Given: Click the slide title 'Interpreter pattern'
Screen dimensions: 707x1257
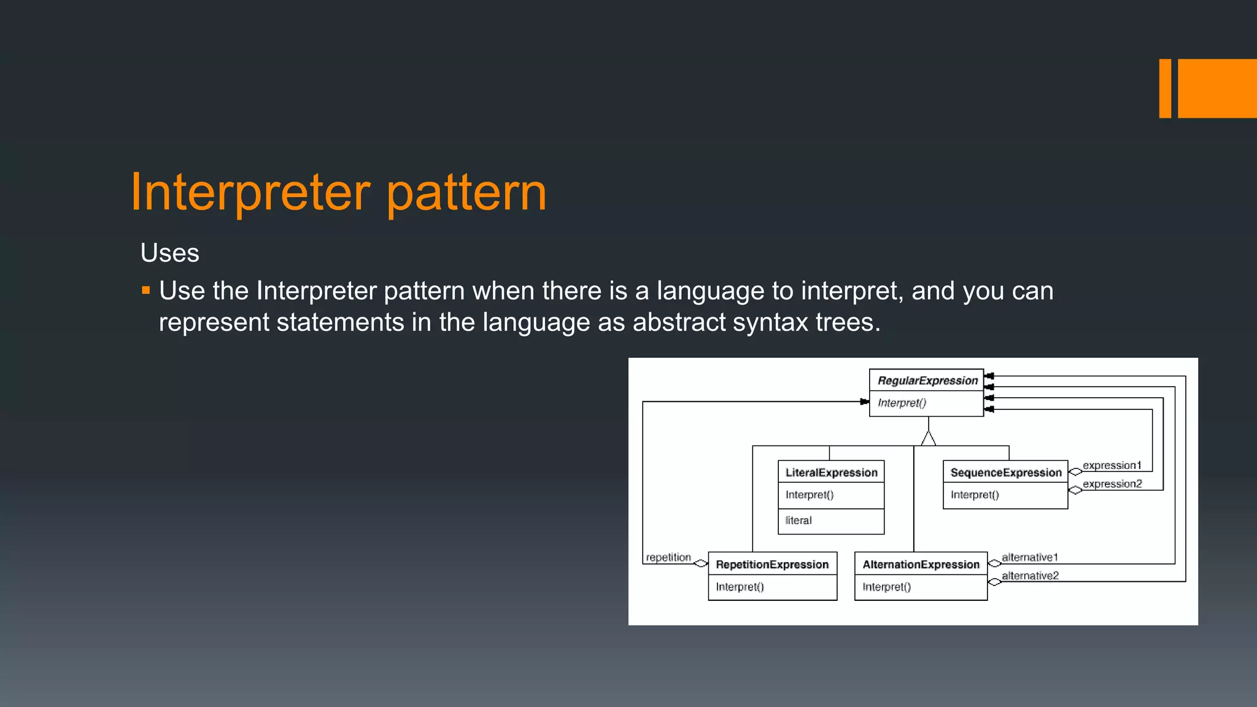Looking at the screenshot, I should [338, 193].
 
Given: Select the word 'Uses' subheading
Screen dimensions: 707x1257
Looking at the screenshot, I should [170, 253].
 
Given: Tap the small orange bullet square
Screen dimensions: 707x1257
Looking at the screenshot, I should [146, 290].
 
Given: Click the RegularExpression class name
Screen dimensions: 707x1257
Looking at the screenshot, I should [927, 381].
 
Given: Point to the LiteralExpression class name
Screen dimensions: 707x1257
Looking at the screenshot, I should [832, 473].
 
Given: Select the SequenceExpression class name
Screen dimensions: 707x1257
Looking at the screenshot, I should [1006, 473].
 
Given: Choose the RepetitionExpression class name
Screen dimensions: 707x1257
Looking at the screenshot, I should [772, 565].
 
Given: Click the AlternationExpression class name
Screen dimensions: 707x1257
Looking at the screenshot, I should [921, 565].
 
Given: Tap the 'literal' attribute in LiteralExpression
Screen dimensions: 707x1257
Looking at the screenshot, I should [799, 520].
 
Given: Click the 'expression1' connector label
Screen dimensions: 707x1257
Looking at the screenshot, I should [1112, 465].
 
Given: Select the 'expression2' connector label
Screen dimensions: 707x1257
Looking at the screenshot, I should [1112, 484].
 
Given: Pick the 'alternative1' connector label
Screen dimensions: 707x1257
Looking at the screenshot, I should [1030, 557].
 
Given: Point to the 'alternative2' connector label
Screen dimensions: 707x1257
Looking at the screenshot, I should [1030, 576].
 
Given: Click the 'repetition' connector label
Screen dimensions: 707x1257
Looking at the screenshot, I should [668, 557].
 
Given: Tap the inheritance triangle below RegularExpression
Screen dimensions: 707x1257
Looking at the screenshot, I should [929, 438].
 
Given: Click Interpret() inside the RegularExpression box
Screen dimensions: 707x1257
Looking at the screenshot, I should [902, 403].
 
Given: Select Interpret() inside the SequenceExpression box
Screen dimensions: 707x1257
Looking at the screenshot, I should [975, 495].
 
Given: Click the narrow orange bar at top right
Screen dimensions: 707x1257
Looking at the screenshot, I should [1165, 88].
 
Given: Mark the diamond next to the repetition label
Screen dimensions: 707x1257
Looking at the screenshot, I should [700, 563].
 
